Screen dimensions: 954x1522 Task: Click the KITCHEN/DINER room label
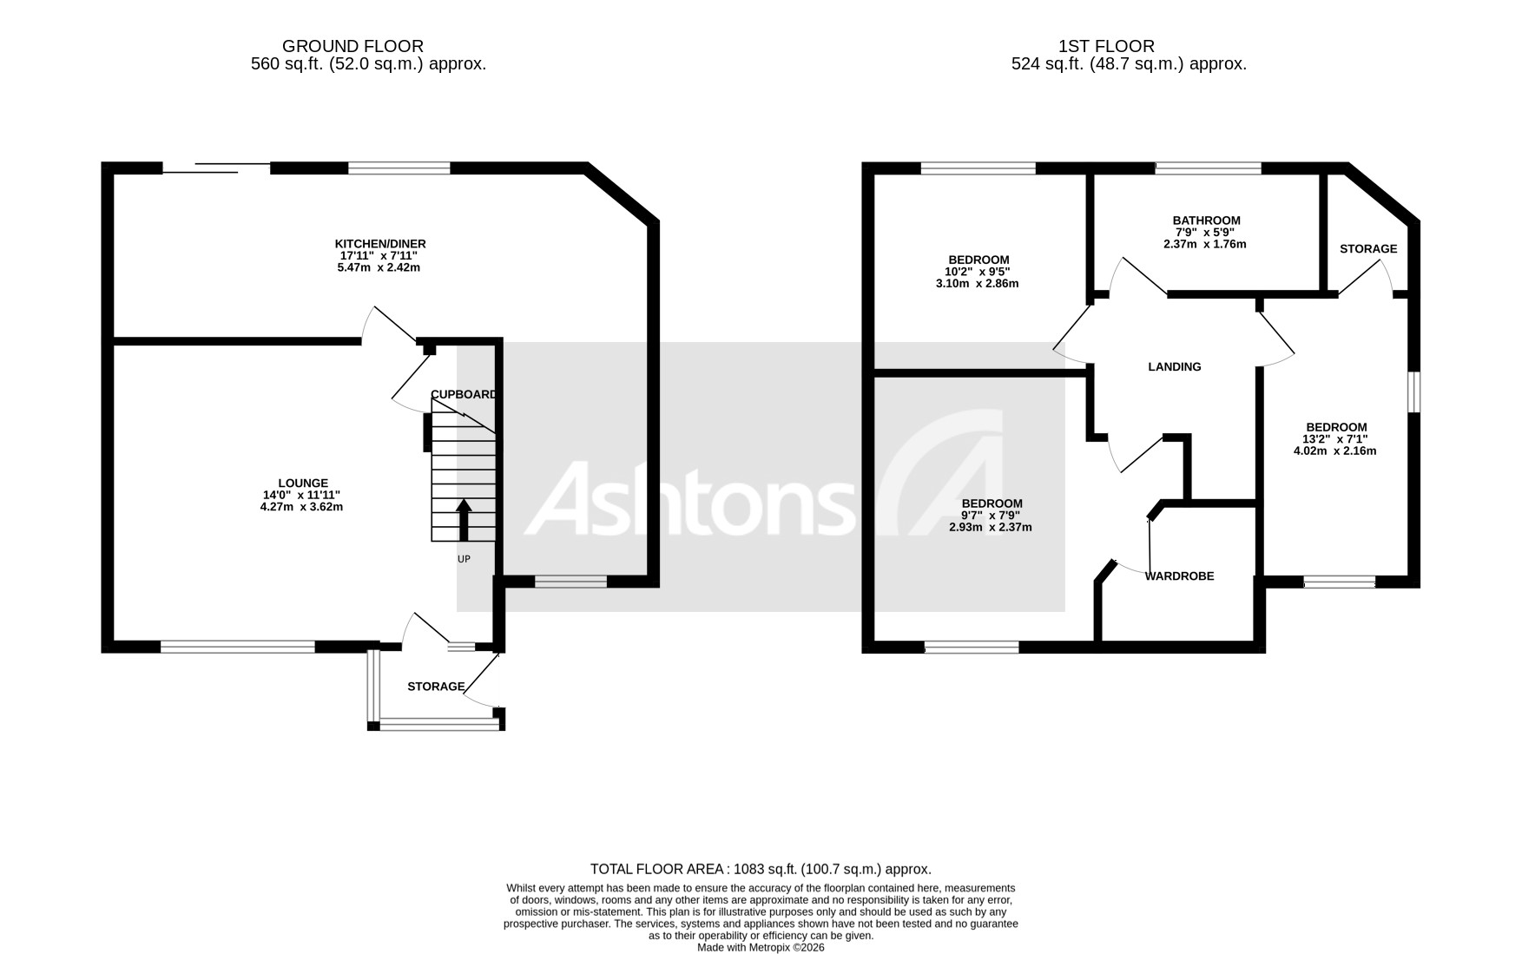coord(380,244)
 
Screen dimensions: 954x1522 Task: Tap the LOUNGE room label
coord(302,484)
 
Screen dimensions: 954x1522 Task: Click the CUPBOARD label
coord(465,394)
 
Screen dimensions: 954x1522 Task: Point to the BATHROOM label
coord(1206,220)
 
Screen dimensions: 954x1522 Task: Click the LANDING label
coord(1174,367)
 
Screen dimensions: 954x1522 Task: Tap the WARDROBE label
coord(1179,576)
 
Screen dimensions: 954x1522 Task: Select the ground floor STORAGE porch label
coord(436,687)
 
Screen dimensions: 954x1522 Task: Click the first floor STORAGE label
coord(1367,249)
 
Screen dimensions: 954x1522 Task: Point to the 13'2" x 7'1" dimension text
coord(1336,439)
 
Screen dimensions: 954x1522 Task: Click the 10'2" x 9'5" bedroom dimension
coord(978,272)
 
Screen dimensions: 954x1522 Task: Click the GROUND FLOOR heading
coord(352,46)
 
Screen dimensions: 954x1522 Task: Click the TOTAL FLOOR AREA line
coord(760,869)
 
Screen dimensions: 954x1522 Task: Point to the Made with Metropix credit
coord(760,948)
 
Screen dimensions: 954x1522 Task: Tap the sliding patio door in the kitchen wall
coord(216,168)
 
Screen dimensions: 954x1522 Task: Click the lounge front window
coord(237,647)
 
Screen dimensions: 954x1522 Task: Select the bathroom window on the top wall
coord(1207,168)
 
